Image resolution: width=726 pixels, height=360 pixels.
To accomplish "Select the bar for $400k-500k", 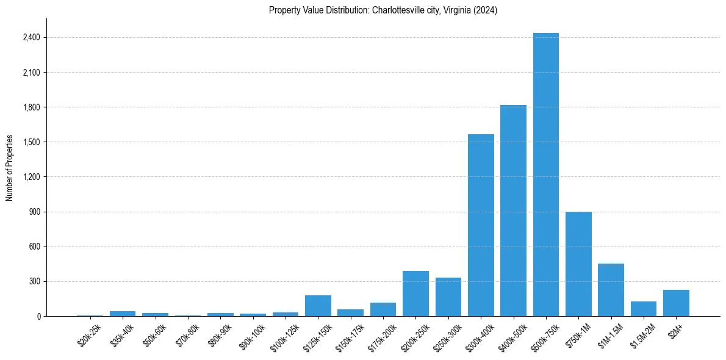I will (513, 211).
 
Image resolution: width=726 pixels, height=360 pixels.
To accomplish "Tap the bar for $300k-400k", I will (481, 225).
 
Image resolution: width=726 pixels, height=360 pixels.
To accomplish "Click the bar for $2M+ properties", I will (676, 303).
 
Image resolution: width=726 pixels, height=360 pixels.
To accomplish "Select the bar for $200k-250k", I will (415, 293).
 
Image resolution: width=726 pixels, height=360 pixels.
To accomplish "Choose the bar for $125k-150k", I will (318, 306).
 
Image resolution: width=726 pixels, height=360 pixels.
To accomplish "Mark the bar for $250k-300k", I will (448, 297).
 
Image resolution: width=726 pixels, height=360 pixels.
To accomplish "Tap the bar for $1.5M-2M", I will (643, 309).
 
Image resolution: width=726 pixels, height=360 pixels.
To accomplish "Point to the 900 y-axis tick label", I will (34, 212).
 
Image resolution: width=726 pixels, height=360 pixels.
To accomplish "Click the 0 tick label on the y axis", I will (38, 317).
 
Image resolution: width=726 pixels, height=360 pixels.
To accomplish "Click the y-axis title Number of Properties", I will (9, 168).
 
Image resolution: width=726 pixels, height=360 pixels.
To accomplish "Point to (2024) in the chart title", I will (486, 10).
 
